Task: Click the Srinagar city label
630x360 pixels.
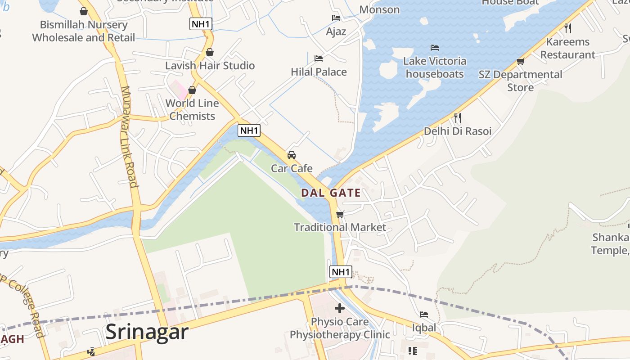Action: pos(147,332)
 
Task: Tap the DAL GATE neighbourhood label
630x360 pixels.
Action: pos(331,193)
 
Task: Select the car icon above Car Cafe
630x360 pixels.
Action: pos(292,155)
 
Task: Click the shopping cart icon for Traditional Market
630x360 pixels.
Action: pos(340,214)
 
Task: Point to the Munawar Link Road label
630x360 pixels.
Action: pos(129,136)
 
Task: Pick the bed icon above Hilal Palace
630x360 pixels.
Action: pos(319,58)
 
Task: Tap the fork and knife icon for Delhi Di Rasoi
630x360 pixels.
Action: pos(458,118)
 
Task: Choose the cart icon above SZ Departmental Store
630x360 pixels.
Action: pos(521,61)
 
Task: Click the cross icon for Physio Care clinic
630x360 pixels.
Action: pos(340,308)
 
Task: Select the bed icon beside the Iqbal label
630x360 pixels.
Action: pos(424,314)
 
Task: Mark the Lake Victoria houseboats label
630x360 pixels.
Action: pos(435,67)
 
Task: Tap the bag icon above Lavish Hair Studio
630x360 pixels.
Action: pos(210,52)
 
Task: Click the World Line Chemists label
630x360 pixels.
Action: pos(192,109)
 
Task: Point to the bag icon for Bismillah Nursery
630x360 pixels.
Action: pos(84,11)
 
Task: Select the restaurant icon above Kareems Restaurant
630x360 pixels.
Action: pos(568,28)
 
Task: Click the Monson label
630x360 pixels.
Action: pos(379,9)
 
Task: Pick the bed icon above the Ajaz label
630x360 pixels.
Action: pos(336,18)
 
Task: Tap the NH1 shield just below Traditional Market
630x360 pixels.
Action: pos(341,272)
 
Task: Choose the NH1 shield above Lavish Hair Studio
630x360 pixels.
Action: pos(201,24)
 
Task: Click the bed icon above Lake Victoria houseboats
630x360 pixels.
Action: pos(435,47)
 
